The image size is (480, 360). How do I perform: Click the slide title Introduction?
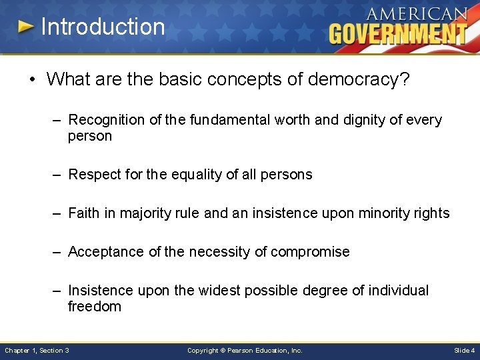(x=103, y=27)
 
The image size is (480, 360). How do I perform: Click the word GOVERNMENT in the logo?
(x=397, y=33)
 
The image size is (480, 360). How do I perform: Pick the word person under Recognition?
(x=90, y=136)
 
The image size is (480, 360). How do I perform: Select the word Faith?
(x=83, y=213)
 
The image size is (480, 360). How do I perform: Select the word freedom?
(x=95, y=307)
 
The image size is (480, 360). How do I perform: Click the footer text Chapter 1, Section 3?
(x=37, y=350)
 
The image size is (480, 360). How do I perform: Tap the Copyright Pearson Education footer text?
(x=245, y=350)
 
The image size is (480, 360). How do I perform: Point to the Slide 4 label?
(x=464, y=350)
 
